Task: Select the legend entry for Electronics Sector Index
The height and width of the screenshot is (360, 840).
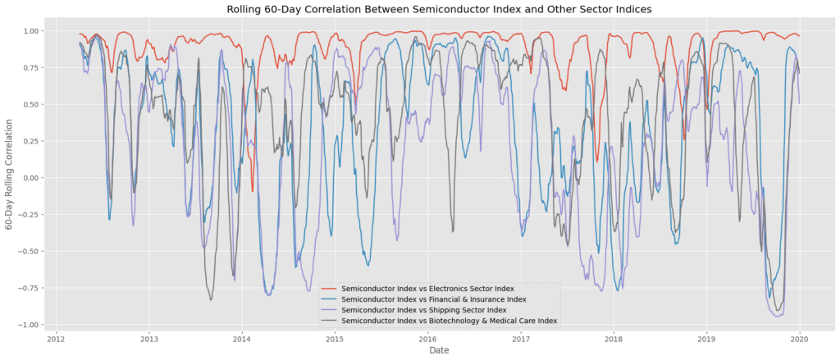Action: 427,289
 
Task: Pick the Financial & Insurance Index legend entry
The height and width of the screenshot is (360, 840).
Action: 434,300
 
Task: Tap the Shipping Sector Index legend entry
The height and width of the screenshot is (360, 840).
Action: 424,311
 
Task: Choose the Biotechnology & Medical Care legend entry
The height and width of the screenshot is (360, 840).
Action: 449,321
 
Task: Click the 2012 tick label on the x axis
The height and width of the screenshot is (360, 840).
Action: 56,338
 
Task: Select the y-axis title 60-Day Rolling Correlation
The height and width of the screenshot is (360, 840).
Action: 9,177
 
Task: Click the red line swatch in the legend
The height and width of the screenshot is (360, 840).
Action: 328,289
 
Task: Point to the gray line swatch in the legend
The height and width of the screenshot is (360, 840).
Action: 328,321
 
